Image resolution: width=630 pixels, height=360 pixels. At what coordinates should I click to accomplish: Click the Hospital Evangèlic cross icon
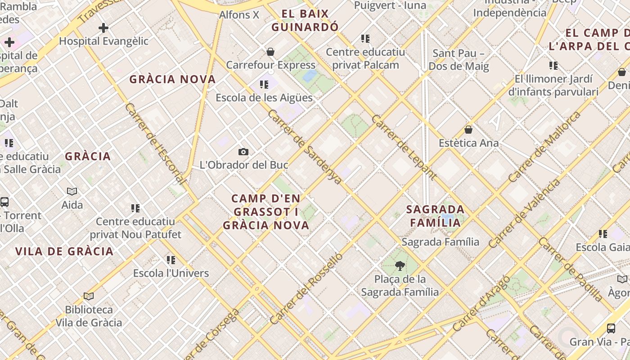click(103, 28)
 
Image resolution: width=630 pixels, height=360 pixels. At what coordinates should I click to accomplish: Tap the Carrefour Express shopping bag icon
click(270, 52)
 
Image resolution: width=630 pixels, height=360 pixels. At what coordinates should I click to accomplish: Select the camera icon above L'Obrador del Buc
click(243, 152)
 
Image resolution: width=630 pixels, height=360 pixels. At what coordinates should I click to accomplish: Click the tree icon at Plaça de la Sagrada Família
click(399, 266)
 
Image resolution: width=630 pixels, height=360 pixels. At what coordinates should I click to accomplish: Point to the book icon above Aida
click(72, 192)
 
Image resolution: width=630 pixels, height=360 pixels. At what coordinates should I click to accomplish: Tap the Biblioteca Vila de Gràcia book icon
click(89, 296)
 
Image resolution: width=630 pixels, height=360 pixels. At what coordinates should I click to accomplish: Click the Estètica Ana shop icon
click(468, 130)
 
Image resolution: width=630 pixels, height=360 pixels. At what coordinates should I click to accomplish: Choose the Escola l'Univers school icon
click(171, 260)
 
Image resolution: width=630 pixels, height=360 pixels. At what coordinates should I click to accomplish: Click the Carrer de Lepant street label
click(404, 147)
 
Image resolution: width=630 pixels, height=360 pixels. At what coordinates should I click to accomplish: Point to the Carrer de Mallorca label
click(544, 147)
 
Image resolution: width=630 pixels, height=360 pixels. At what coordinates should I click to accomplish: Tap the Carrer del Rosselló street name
click(306, 288)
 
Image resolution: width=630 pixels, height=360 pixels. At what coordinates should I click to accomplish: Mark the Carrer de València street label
click(525, 213)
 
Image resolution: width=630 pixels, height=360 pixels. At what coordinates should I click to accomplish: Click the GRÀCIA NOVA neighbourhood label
click(173, 80)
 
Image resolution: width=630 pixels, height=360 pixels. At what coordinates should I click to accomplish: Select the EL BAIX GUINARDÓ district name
click(305, 20)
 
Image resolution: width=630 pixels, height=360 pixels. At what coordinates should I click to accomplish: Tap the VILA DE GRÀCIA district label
click(64, 252)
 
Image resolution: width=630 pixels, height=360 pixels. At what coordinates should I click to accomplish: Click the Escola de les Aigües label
click(264, 98)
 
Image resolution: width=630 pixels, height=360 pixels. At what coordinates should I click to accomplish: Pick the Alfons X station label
click(239, 15)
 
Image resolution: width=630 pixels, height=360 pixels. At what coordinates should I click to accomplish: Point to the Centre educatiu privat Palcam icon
click(365, 39)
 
